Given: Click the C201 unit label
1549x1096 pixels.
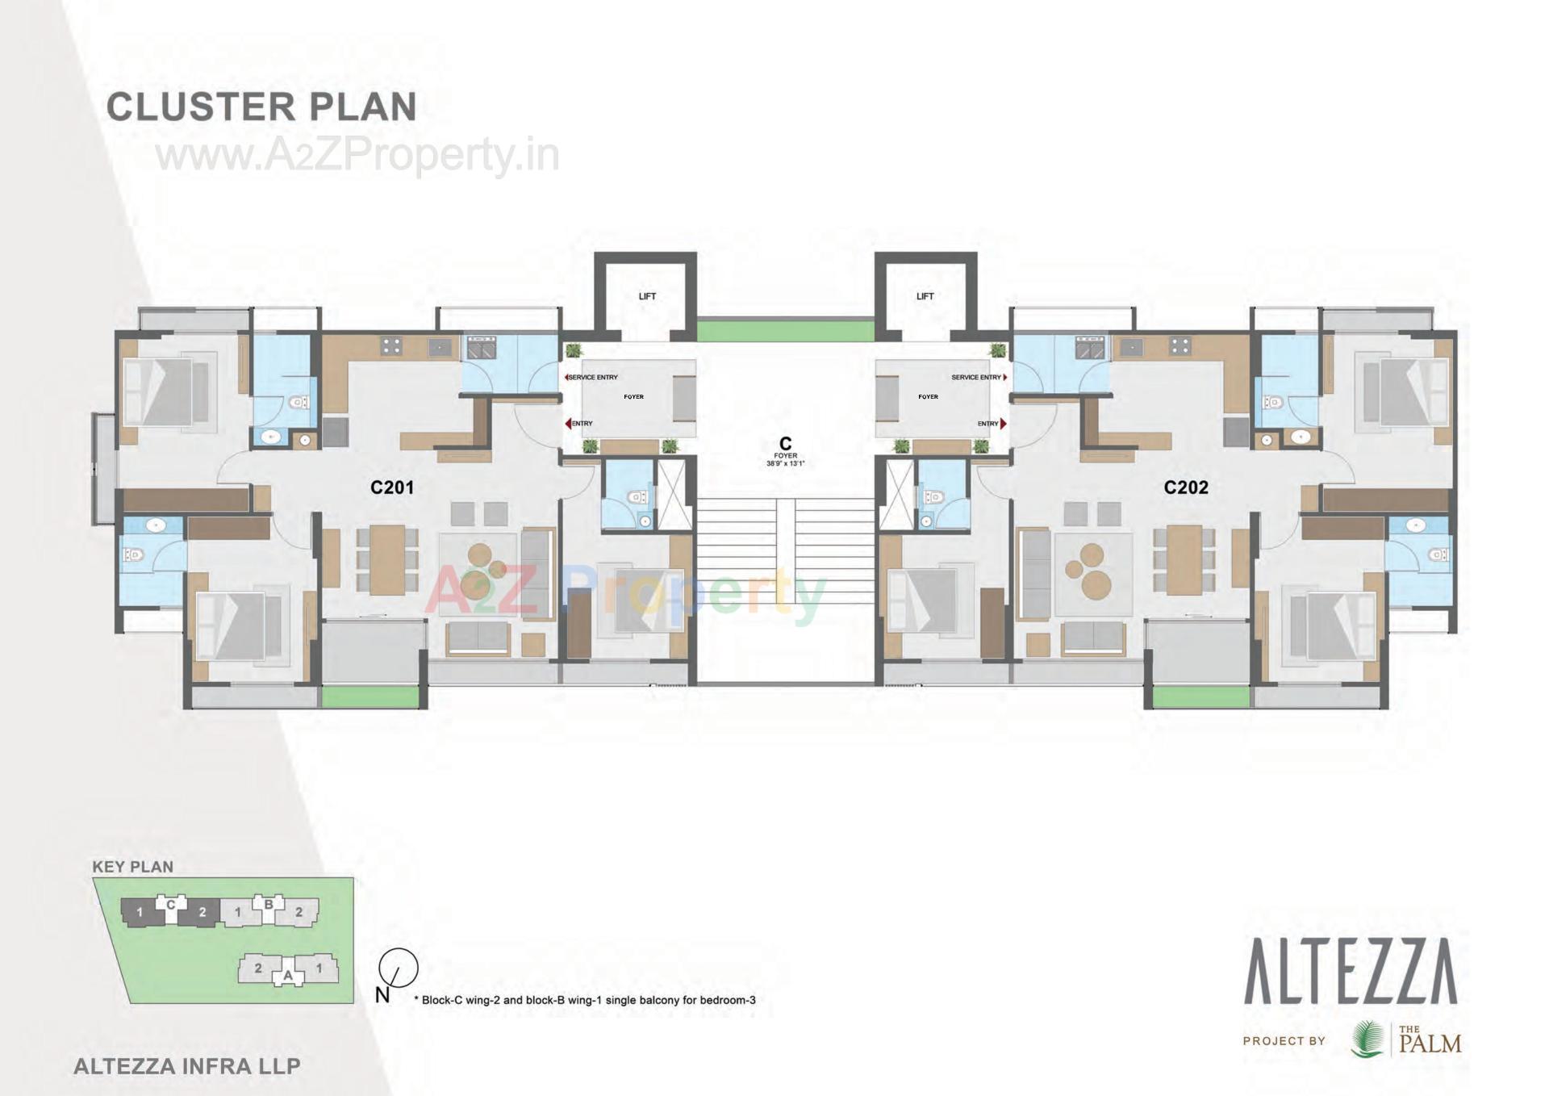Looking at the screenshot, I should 392,487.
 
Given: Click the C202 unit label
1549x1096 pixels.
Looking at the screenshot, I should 1186,487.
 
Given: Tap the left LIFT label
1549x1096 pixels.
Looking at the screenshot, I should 647,296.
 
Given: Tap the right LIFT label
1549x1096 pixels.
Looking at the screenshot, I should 925,296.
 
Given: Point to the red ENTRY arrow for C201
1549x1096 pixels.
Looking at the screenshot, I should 568,424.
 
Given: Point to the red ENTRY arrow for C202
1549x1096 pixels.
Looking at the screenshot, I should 1004,424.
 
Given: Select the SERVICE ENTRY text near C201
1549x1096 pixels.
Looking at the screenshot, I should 593,377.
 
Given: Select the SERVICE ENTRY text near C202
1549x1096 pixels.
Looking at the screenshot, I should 975,377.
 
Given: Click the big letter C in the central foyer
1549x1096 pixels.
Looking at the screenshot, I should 785,443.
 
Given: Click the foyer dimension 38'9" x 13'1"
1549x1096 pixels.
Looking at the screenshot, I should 785,464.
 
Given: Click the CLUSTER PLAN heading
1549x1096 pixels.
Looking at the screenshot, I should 261,107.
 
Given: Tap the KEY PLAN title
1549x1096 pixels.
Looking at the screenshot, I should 132,867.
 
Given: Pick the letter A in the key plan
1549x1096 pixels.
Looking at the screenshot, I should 288,976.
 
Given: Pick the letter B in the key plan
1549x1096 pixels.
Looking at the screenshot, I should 269,904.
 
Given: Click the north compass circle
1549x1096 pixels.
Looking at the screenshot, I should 399,967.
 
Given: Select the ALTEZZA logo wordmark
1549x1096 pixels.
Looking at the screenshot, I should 1351,972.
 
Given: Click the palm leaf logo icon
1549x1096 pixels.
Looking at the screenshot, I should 1367,1040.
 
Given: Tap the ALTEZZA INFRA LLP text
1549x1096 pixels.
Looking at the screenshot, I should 187,1066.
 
